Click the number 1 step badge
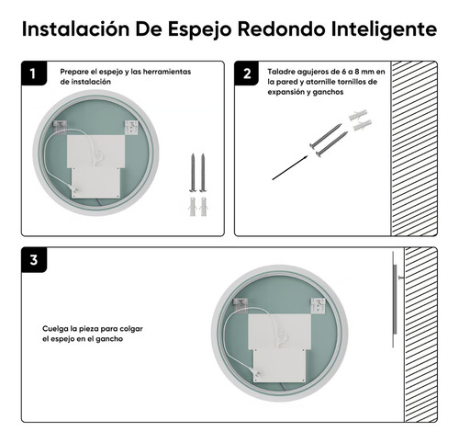(34, 74)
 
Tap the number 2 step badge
(247, 74)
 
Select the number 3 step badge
(34, 260)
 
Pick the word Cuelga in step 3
(56, 328)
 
